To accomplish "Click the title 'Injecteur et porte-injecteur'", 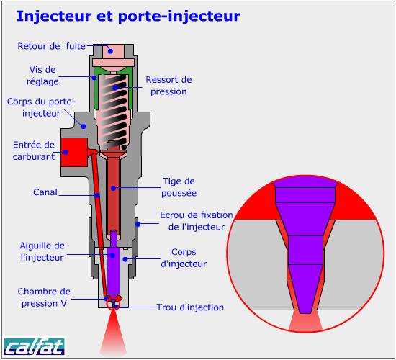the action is [x=128, y=16].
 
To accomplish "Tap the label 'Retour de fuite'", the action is [x=52, y=46].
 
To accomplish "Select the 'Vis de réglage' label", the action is [x=42, y=76].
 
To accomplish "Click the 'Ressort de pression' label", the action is [x=168, y=86].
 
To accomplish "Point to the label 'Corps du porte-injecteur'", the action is [x=41, y=107].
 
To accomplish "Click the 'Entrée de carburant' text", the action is [x=34, y=150].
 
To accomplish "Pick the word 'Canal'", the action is [x=45, y=192].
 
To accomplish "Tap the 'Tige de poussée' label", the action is [x=179, y=187].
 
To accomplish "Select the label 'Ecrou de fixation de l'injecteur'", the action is [x=197, y=221].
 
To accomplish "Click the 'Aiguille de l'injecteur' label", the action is [x=42, y=251].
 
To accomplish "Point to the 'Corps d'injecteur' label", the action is [x=184, y=258].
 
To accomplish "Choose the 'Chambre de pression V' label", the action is [x=44, y=297].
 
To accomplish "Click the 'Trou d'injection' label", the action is [x=190, y=307].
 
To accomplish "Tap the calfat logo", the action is [x=35, y=346].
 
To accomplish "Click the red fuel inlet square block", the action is [x=74, y=152].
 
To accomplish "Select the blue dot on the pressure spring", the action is [x=115, y=88].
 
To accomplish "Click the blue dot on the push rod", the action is [x=113, y=188].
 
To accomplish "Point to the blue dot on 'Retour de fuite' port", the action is [x=110, y=51].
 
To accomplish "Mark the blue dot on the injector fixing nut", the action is [x=138, y=224].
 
